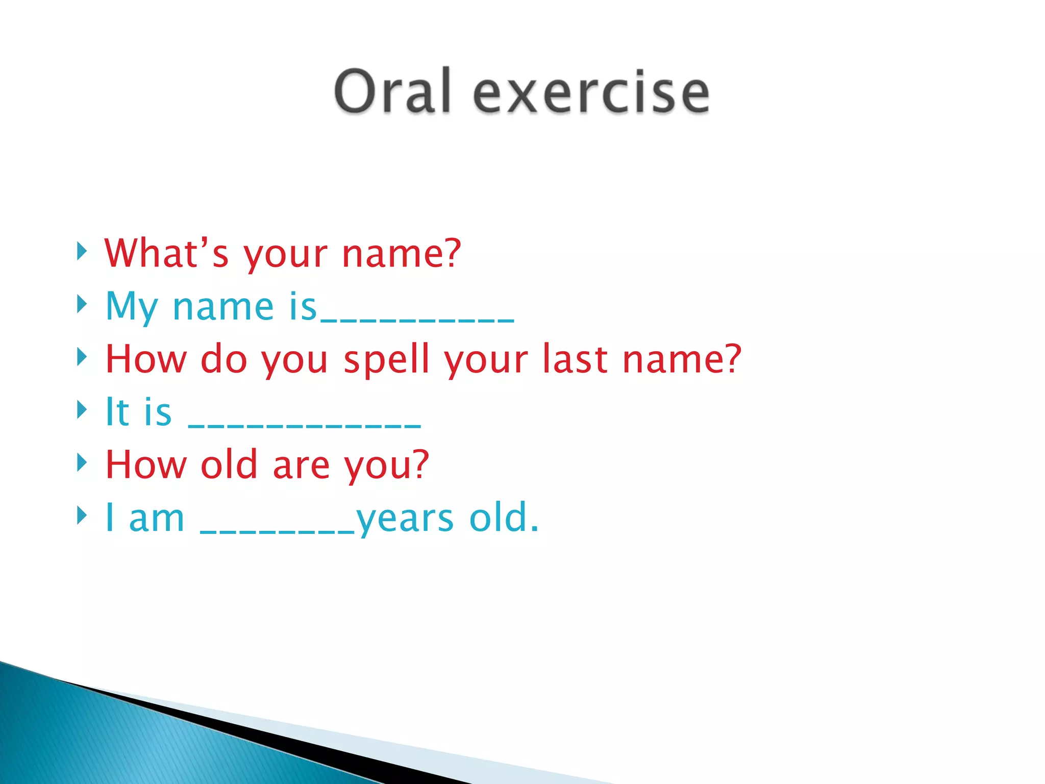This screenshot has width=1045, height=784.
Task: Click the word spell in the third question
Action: point(386,359)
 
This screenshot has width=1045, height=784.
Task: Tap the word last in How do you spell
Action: point(575,359)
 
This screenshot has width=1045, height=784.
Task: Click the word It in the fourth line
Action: point(117,412)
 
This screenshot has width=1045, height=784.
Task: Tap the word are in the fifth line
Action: point(301,465)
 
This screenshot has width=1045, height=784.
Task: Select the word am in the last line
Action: point(156,519)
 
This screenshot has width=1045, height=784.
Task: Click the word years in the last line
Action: point(405,520)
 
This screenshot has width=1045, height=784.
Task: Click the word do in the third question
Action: point(223,359)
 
